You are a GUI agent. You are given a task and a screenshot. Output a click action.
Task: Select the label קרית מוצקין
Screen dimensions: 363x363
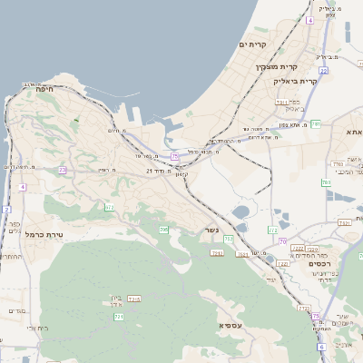click(276, 66)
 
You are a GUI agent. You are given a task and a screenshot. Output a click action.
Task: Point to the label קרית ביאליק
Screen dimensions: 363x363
click(295, 81)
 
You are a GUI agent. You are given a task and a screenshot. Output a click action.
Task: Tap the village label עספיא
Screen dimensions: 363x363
click(230, 324)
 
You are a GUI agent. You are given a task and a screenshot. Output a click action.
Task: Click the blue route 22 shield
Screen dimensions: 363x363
click(323, 70)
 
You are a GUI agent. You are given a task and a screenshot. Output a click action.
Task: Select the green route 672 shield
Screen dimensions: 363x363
click(109, 208)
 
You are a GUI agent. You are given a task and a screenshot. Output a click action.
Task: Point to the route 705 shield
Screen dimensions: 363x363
click(163, 231)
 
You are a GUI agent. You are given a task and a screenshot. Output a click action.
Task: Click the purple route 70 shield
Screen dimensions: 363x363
click(282, 241)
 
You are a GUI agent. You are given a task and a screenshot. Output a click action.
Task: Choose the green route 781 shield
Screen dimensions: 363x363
click(315, 123)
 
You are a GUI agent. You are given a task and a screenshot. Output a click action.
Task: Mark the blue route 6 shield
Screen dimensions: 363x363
click(320, 347)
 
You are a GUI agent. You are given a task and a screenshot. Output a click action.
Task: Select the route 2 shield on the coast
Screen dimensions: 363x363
click(6, 210)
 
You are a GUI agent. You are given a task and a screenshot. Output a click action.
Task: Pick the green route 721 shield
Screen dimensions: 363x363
click(119, 317)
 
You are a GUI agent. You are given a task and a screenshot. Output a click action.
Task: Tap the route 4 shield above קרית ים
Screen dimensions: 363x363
click(309, 20)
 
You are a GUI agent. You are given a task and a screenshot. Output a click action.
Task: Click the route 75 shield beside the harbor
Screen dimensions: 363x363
click(174, 156)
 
